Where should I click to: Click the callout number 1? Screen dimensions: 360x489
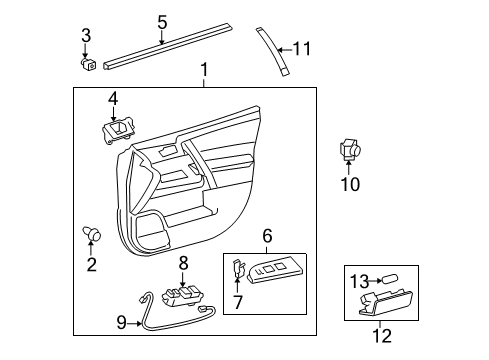pyautogui.click(x=204, y=70)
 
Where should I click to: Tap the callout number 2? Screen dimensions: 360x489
pyautogui.click(x=92, y=265)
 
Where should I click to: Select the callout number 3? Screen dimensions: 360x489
pyautogui.click(x=86, y=36)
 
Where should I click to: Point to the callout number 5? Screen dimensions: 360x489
pyautogui.click(x=162, y=21)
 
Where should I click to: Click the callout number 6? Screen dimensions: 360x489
pyautogui.click(x=267, y=235)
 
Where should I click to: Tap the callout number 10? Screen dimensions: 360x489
pyautogui.click(x=349, y=183)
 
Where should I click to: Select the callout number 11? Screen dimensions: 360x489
pyautogui.click(x=302, y=47)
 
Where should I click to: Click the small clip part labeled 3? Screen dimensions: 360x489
pyautogui.click(x=90, y=64)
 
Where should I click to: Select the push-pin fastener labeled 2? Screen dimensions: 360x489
pyautogui.click(x=94, y=236)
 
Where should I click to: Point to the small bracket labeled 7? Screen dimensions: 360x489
pyautogui.click(x=239, y=270)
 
